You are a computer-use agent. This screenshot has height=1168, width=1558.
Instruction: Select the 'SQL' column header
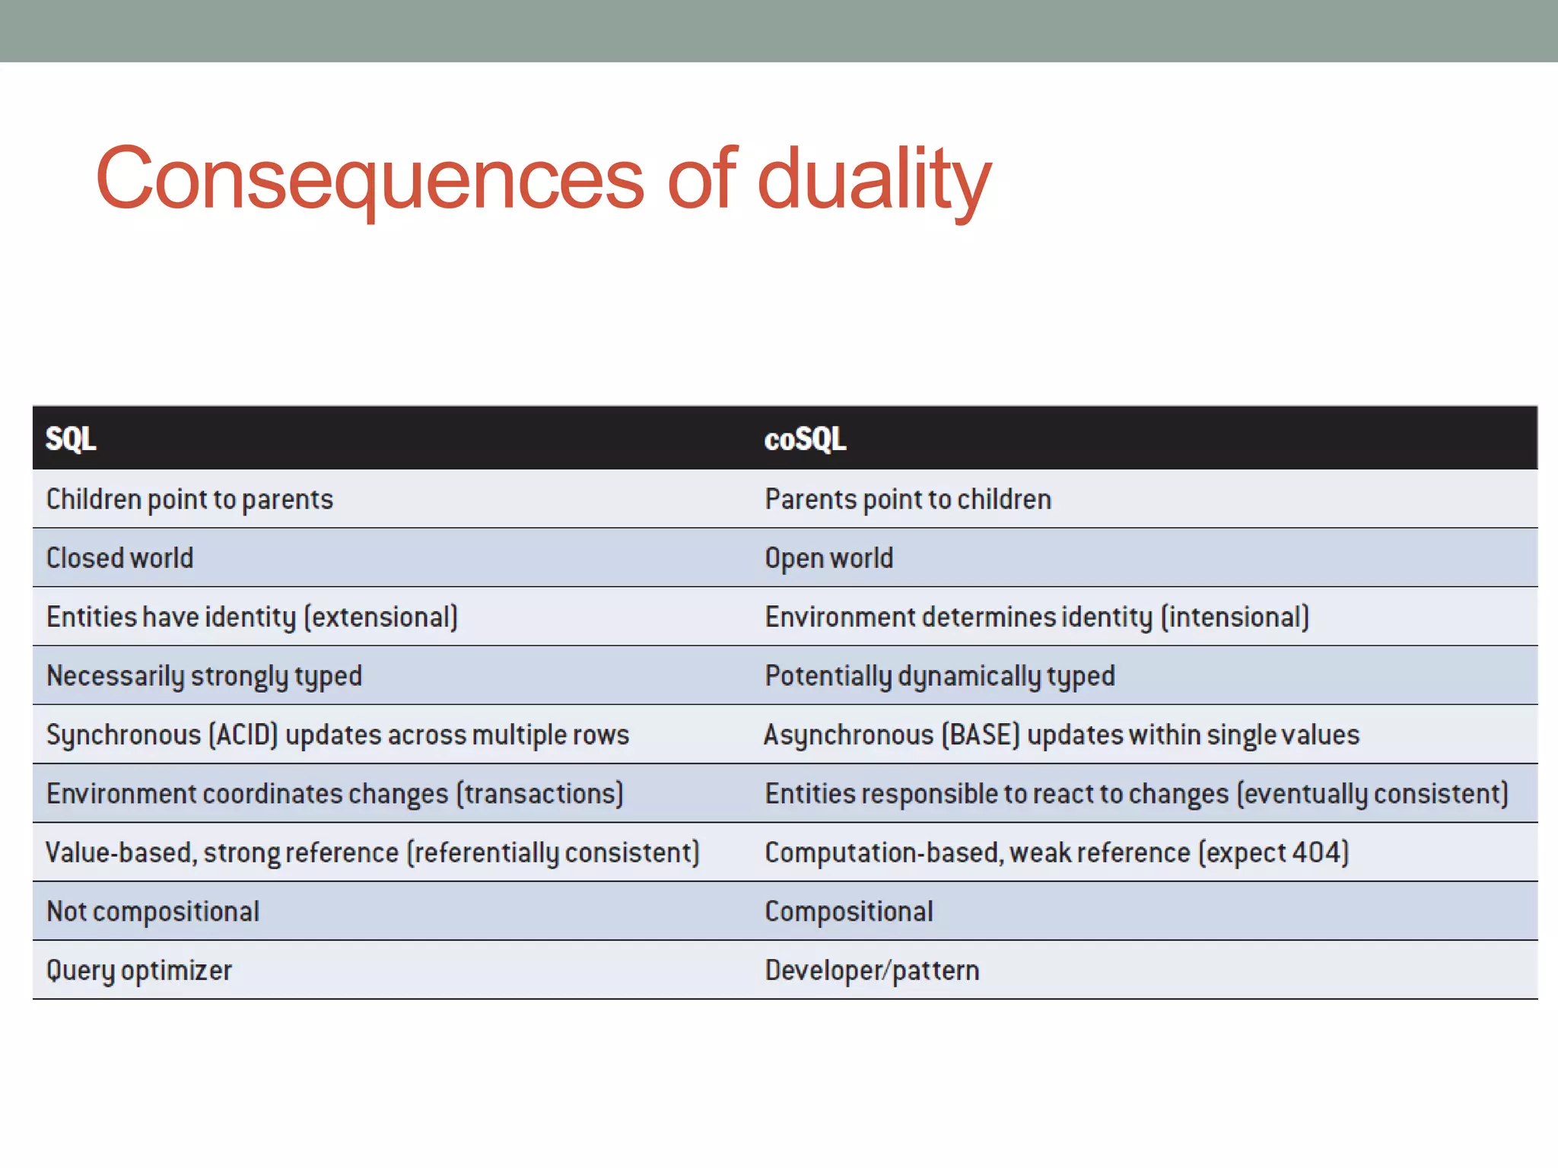pyautogui.click(x=71, y=439)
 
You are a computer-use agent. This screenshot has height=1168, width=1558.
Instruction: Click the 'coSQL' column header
pyautogui.click(x=805, y=439)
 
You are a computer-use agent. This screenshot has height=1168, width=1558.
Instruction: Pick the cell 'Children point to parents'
pyautogui.click(x=189, y=500)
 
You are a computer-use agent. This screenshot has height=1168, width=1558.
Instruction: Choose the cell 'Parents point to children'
pyautogui.click(x=908, y=500)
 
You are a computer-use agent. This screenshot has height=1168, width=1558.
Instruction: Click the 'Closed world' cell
pyautogui.click(x=120, y=558)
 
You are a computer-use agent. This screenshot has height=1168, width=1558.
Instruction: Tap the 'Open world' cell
pyautogui.click(x=828, y=558)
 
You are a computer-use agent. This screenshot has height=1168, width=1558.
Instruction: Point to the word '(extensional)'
pyautogui.click(x=381, y=617)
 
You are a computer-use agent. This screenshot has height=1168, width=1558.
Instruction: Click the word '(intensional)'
pyautogui.click(x=1235, y=617)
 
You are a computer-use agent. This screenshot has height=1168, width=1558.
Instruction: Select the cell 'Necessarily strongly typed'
pyautogui.click(x=204, y=676)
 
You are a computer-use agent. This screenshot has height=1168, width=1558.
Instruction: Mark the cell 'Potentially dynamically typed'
pyautogui.click(x=940, y=676)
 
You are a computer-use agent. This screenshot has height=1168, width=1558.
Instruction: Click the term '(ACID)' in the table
pyautogui.click(x=243, y=735)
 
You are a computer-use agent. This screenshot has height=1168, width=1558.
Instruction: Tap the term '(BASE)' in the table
pyautogui.click(x=980, y=735)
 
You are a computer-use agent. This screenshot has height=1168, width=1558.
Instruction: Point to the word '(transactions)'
pyautogui.click(x=539, y=794)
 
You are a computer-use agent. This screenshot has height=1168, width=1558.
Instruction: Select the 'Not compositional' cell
pyautogui.click(x=153, y=912)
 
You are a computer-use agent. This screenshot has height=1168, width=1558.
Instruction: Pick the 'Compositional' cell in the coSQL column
pyautogui.click(x=848, y=912)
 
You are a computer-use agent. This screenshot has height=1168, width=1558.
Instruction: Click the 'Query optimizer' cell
pyautogui.click(x=139, y=970)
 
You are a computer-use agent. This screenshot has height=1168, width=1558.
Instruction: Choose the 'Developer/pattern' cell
pyautogui.click(x=872, y=970)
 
